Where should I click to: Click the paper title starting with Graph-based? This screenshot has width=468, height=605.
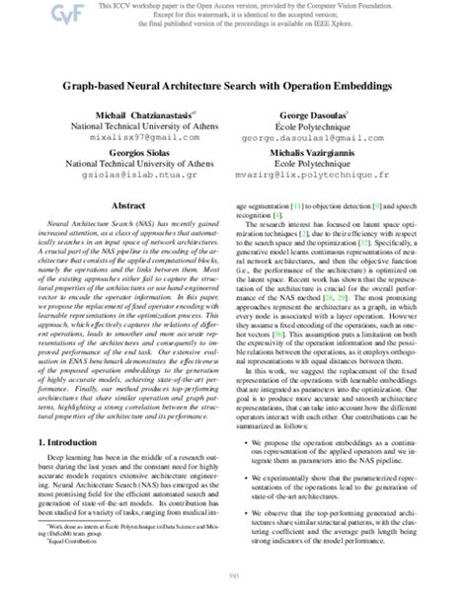point(233,87)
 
